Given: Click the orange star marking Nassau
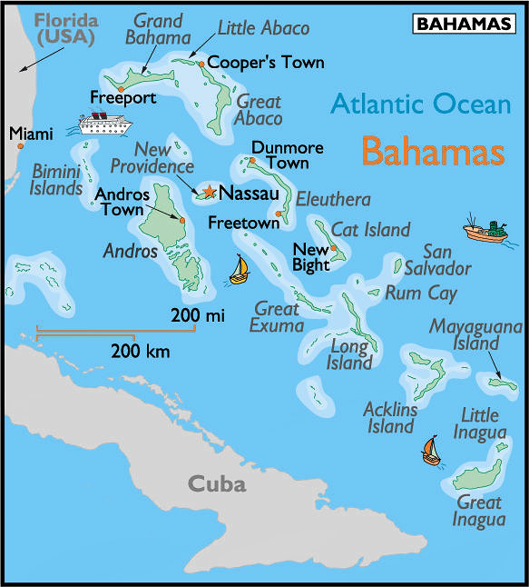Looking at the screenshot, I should click(x=210, y=192).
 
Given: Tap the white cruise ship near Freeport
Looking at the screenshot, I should click(x=105, y=123).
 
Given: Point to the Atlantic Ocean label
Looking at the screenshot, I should click(x=420, y=104).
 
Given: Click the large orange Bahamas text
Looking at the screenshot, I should click(x=433, y=151).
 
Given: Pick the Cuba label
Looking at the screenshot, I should click(x=217, y=483).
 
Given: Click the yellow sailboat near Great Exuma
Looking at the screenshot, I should click(x=240, y=270).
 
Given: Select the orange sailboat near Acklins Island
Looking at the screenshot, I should click(x=431, y=451).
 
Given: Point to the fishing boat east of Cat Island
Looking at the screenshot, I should click(x=486, y=231).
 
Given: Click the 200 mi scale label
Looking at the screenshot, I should click(x=197, y=316).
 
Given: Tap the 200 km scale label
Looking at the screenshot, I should click(x=139, y=350).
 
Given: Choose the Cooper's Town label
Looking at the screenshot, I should click(x=253, y=63).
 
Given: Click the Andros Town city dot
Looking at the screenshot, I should click(x=182, y=220).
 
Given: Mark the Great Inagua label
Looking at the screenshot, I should click(x=479, y=512).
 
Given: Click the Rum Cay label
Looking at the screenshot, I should click(x=421, y=293).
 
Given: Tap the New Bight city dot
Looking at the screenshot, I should click(x=333, y=247).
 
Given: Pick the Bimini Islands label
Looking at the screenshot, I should click(x=56, y=179).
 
